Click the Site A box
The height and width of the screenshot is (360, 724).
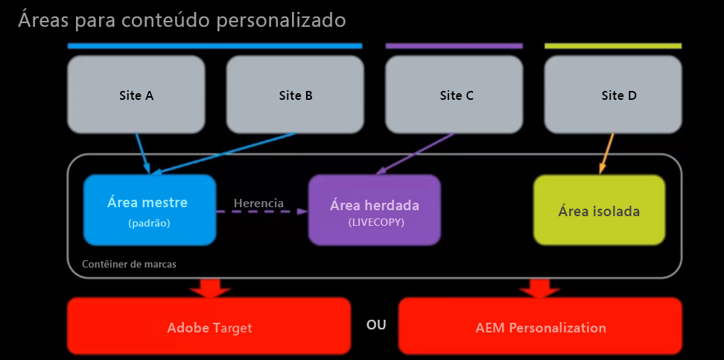click(136, 95)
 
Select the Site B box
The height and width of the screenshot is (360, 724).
click(295, 95)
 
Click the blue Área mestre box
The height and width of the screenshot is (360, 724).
click(149, 209)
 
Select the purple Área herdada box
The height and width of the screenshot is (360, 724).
click(374, 210)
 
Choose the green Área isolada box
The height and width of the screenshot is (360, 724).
click(599, 210)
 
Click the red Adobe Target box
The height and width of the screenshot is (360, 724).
click(209, 326)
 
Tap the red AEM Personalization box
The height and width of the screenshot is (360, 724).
click(540, 326)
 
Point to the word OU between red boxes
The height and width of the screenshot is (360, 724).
click(376, 325)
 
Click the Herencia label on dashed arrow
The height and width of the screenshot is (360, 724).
click(258, 203)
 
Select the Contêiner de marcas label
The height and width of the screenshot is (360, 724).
click(129, 264)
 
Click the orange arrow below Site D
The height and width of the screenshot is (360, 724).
click(606, 154)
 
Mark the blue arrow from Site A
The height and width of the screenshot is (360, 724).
click(143, 153)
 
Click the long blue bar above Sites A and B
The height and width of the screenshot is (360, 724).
click(215, 46)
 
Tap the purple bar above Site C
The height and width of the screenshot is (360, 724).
click(454, 46)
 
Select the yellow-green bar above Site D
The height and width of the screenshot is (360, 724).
click(613, 46)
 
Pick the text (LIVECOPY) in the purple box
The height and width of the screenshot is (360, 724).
click(374, 222)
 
